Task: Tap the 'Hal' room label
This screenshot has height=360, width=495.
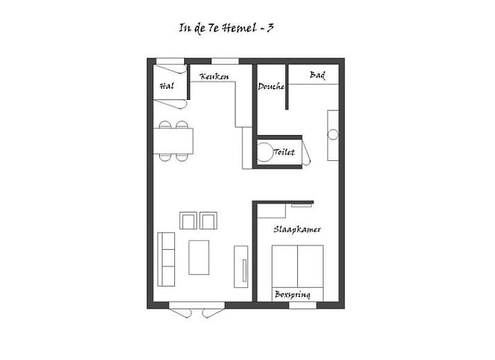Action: [166, 86]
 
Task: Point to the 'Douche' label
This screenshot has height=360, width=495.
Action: [271, 87]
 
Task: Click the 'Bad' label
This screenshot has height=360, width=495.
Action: [317, 75]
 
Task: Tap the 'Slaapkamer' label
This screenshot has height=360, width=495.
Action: [296, 230]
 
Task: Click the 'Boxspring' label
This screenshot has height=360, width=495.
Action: [292, 295]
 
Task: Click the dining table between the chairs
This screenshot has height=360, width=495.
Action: [174, 141]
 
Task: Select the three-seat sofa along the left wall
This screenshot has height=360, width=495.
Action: [167, 257]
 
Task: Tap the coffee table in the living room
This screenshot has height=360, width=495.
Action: [199, 257]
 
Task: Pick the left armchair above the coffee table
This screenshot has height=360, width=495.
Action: [188, 221]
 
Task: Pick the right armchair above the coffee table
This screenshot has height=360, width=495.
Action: [208, 221]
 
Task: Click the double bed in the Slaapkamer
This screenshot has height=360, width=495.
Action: [297, 267]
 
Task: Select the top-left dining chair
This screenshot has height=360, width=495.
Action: [165, 126]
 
